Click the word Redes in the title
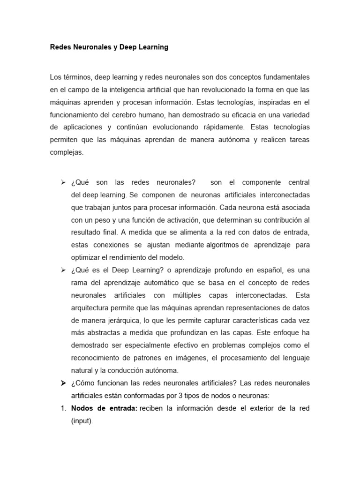pos(60,47)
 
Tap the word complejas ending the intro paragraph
pos(66,152)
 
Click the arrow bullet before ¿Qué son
pos(63,182)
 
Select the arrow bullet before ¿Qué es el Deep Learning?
pos(63,270)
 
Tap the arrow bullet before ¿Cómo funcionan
pos(63,383)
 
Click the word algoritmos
pos(222,245)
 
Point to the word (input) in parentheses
pos(82,421)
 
